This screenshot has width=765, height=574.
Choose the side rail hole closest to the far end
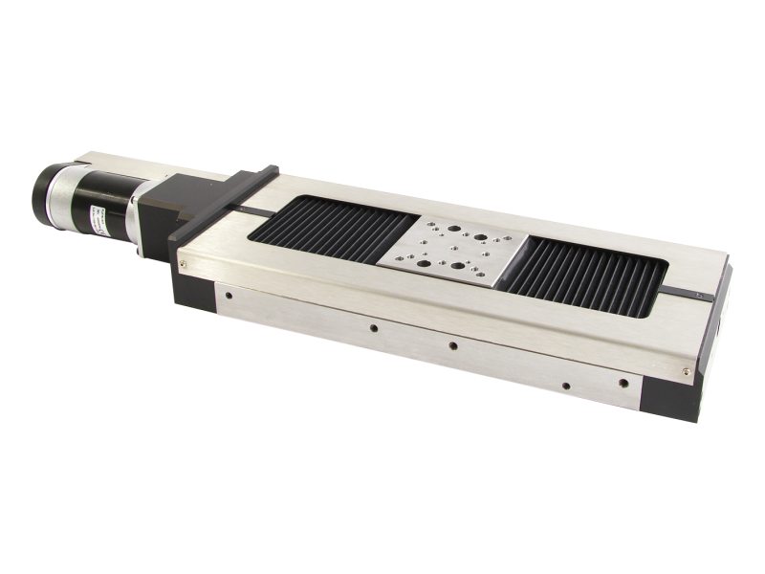[x=623, y=385]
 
